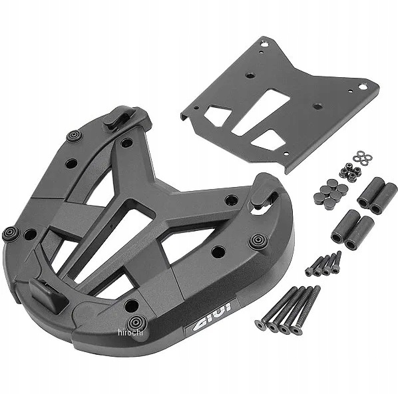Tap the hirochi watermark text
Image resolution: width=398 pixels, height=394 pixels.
pyautogui.click(x=130, y=332)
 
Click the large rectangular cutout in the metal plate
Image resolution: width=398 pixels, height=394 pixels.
pyautogui.click(x=261, y=112)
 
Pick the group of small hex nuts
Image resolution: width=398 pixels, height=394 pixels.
pyautogui.click(x=350, y=172)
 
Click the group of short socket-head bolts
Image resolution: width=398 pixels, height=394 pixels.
pyautogui.click(x=323, y=264)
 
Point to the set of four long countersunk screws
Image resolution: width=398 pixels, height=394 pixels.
pyautogui.click(x=288, y=309)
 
